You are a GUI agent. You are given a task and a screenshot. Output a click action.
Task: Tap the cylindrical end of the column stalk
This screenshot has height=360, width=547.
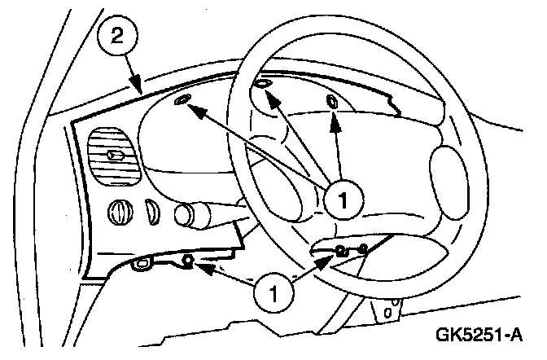tap(185, 216)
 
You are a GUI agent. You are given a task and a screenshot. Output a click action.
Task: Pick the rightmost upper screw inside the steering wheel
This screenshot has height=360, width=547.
tap(334, 102)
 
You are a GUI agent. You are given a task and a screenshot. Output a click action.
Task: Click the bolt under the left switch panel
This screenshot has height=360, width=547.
tap(188, 261)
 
